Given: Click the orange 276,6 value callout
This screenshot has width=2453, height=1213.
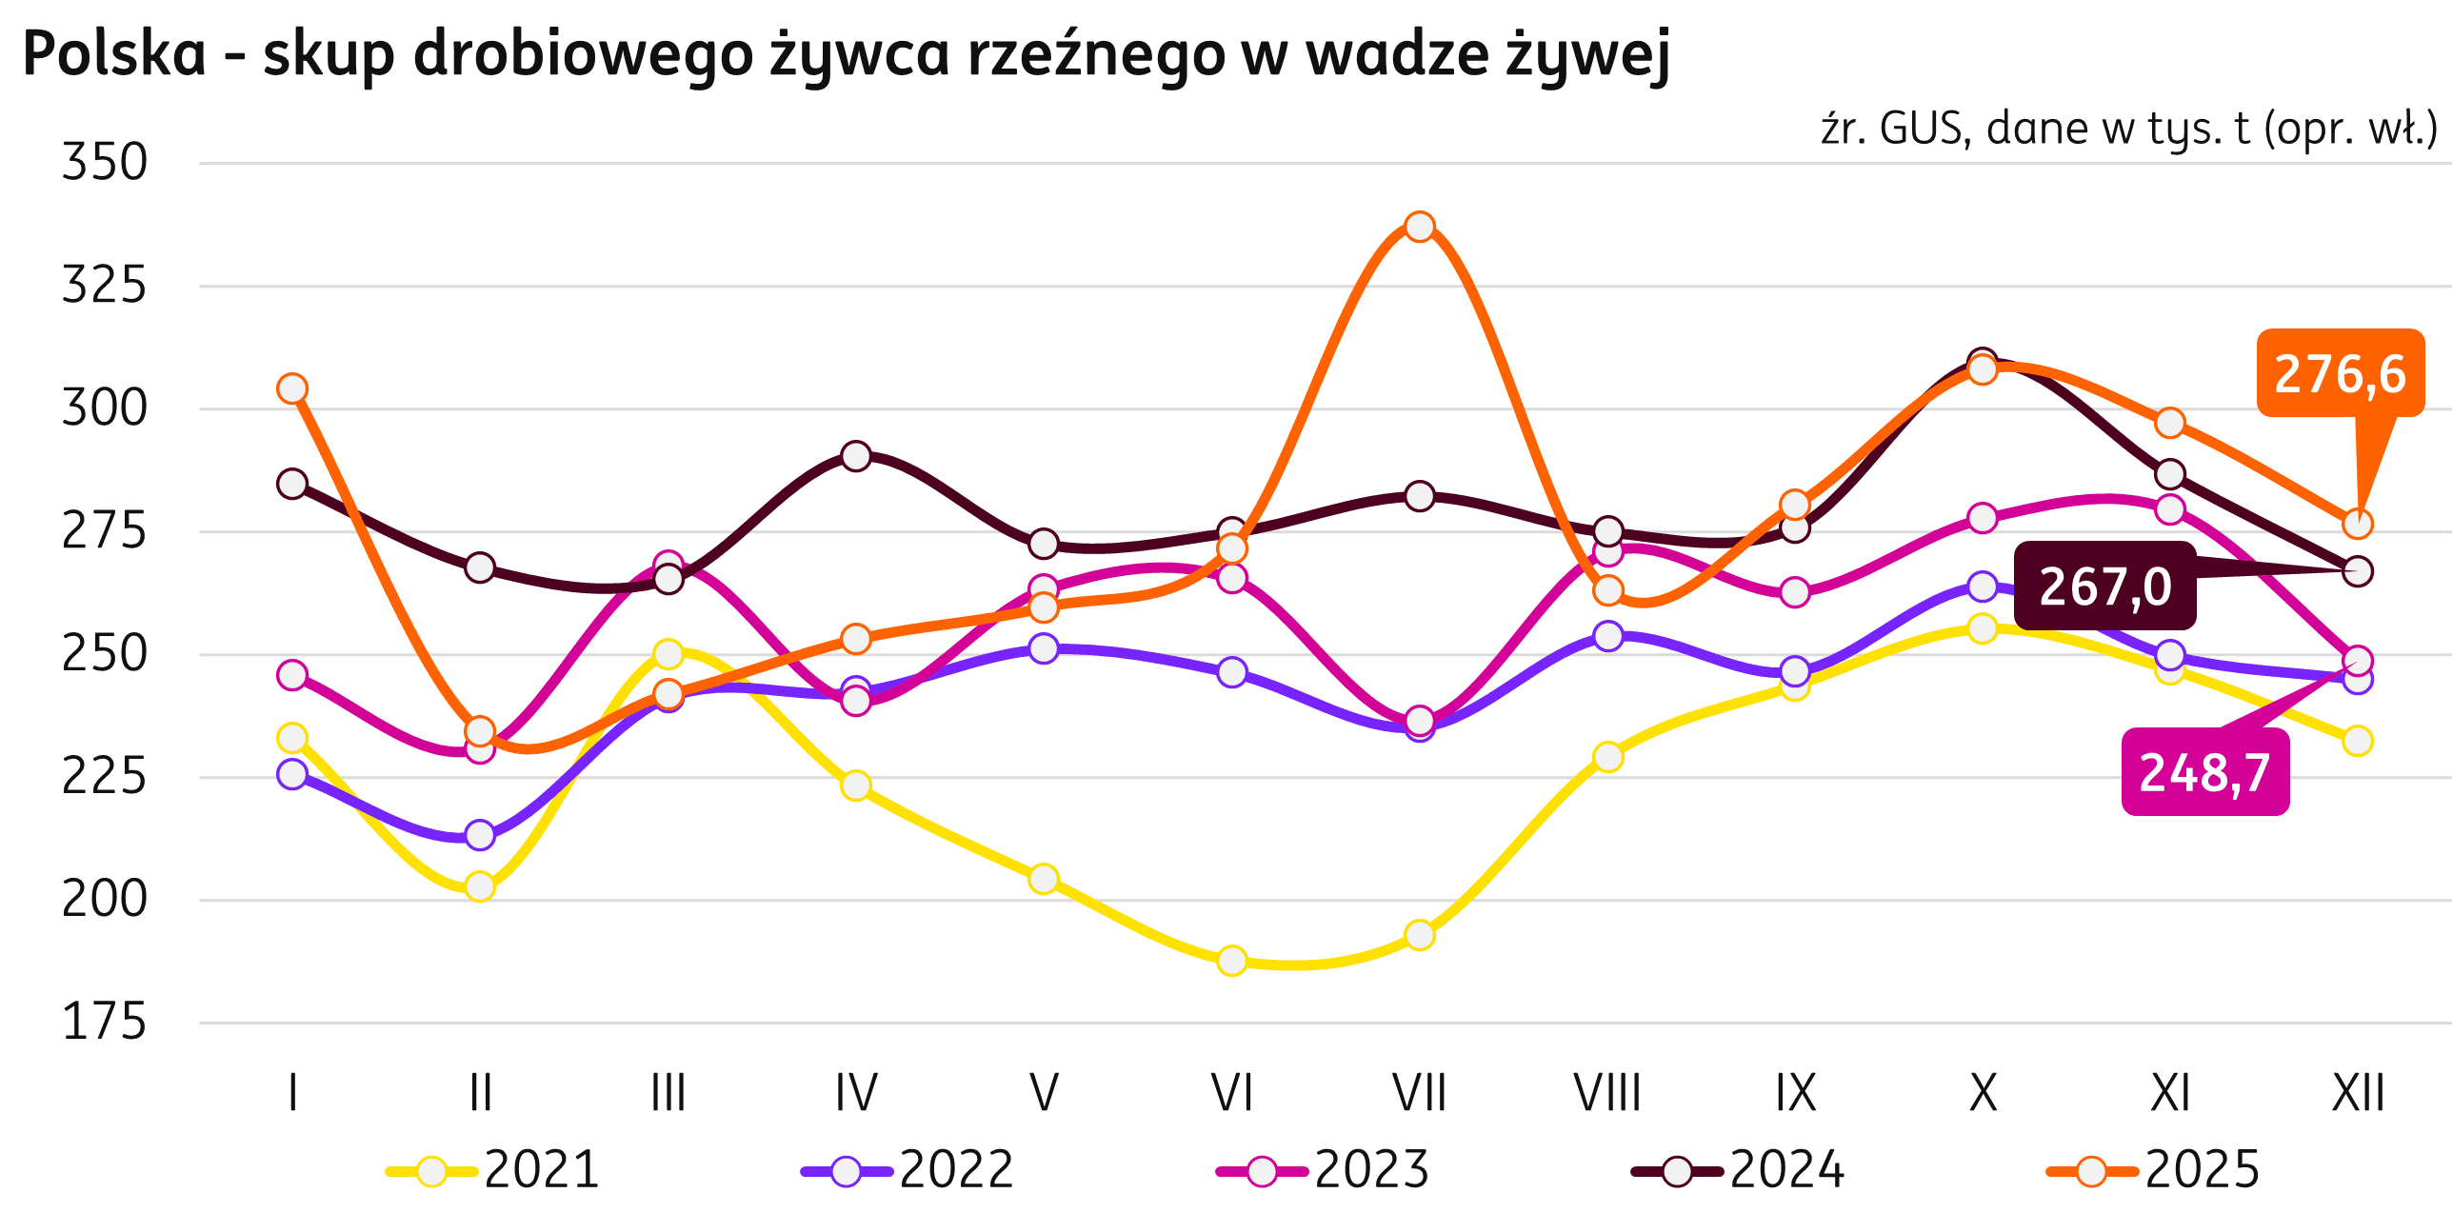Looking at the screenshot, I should coord(2340,373).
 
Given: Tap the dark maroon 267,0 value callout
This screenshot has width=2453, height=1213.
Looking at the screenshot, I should coord(2104,586).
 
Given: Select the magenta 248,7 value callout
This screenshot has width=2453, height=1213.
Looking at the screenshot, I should coord(2204,772).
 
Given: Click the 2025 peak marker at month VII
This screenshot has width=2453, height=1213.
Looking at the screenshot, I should coord(1420,227).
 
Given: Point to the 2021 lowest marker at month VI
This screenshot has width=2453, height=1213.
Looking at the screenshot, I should coord(1231,960).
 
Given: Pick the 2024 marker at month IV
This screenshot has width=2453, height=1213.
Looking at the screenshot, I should coord(856,456).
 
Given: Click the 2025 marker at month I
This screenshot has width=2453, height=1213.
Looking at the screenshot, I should coord(292,388).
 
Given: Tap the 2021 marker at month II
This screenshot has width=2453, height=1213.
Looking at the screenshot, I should coord(480,886).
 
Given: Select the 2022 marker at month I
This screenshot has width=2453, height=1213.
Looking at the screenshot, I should coord(292,775).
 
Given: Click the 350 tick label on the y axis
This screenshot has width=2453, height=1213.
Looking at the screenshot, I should coord(105,163).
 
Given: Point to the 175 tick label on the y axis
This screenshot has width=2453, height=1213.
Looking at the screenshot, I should coord(105,1024).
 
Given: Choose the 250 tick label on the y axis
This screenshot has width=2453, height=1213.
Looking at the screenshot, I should coord(105,655).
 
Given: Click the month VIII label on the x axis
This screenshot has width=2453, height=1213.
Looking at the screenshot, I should coord(1607,1093).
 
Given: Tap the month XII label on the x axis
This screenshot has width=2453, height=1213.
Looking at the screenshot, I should coord(2358,1093).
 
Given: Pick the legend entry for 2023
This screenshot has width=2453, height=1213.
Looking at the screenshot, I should coord(1324,1170).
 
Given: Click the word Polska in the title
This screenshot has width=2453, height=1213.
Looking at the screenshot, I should coord(114,54).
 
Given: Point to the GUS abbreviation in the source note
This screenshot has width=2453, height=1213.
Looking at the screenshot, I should coord(1921,129).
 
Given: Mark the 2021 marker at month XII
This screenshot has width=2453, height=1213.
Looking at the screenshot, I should coord(2358,740).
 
